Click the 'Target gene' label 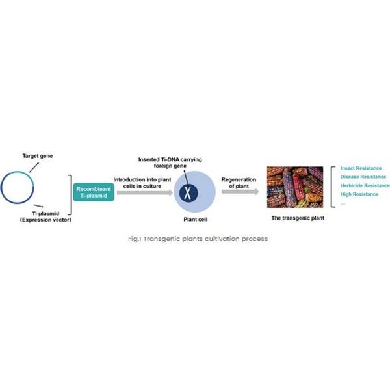38,156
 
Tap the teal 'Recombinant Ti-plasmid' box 94,192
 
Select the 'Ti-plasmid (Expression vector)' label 45,216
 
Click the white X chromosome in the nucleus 188,193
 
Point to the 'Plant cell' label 195,220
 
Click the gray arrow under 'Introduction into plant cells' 145,192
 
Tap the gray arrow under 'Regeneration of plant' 240,192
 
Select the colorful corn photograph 295,187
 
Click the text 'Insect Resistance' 361,168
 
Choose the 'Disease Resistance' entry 363,177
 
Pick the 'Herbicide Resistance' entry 365,185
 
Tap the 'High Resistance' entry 359,194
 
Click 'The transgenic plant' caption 298,218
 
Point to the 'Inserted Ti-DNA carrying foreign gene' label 170,162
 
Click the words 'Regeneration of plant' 239,183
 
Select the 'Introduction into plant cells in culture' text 142,183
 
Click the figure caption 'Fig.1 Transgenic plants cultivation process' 198,239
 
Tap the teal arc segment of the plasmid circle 24,174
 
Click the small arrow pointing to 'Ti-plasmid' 38,206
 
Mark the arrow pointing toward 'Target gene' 34,167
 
